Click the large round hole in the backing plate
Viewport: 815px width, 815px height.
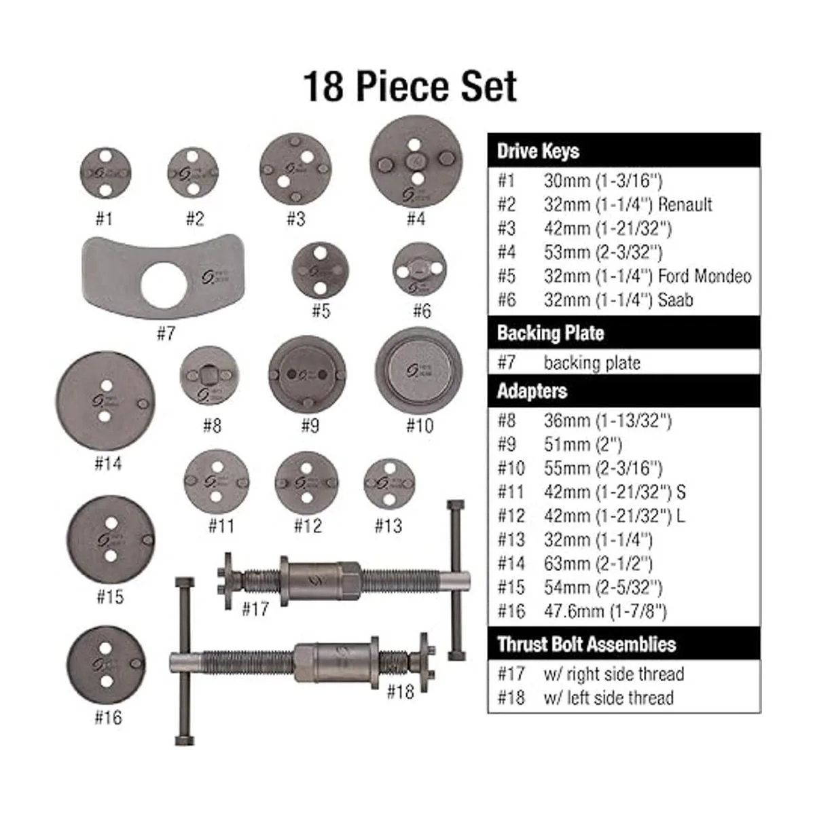[163, 285]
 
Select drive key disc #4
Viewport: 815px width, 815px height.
[416, 161]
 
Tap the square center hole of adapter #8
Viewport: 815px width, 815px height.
[207, 373]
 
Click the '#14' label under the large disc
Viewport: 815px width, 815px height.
[108, 464]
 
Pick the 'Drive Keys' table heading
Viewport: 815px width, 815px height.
[538, 151]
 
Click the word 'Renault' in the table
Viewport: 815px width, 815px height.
[685, 204]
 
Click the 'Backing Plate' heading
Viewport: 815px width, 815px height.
[550, 333]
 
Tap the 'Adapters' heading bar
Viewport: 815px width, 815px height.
[624, 391]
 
